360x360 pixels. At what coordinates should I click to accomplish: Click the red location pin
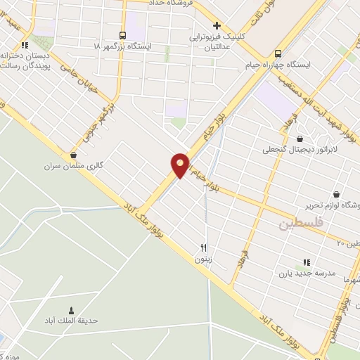(180, 165)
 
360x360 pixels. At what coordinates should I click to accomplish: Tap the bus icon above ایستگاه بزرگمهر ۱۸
(124, 34)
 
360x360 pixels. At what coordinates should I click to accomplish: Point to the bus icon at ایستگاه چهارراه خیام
(278, 53)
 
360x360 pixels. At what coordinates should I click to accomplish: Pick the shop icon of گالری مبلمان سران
(73, 155)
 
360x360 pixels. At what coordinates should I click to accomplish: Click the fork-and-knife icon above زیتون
(204, 247)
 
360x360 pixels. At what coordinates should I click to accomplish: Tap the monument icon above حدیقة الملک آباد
(71, 310)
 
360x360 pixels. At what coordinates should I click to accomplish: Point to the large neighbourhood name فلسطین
(298, 225)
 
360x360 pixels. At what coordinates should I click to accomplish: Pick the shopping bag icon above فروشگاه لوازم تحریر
(336, 194)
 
